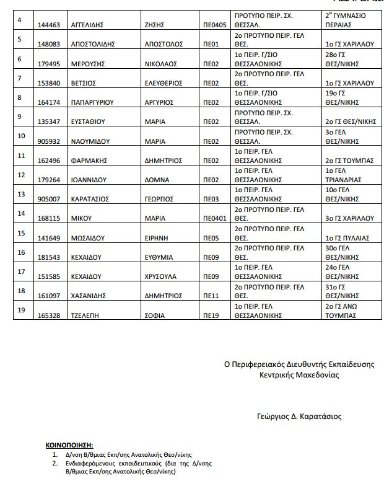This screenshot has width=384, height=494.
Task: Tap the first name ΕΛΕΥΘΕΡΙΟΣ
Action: pyautogui.click(x=164, y=82)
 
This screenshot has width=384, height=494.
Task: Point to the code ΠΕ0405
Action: pyautogui.click(x=214, y=25)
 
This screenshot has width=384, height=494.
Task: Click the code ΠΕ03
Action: pyautogui.click(x=211, y=198)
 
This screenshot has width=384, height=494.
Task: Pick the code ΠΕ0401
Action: pyautogui.click(x=214, y=218)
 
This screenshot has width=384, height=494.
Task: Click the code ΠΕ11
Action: pyautogui.click(x=211, y=295)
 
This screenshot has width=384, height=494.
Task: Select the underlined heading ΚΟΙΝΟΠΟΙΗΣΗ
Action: pyautogui.click(x=69, y=445)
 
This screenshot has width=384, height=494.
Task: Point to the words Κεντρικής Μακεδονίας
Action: pyautogui.click(x=300, y=375)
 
